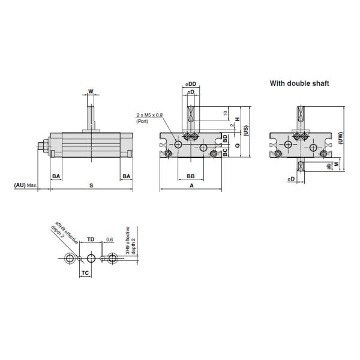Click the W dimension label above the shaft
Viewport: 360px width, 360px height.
pos(91,92)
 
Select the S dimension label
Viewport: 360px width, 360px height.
pos(91,186)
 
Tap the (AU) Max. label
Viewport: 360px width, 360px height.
pos(26,186)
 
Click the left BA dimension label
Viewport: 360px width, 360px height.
pos(56,176)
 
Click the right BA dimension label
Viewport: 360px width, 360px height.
pos(126,176)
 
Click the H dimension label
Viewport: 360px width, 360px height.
pos(238,119)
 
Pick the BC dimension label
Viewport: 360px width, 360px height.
pos(225,154)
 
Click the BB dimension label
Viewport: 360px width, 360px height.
pos(190,176)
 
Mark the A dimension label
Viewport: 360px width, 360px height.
pos(191,186)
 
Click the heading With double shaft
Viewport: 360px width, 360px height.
pos(299,83)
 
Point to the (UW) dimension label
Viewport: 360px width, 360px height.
pos(340,139)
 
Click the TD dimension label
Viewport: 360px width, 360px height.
pos(91,239)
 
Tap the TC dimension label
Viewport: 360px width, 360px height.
pos(85,272)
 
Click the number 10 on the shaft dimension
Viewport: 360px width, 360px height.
pos(225,113)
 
